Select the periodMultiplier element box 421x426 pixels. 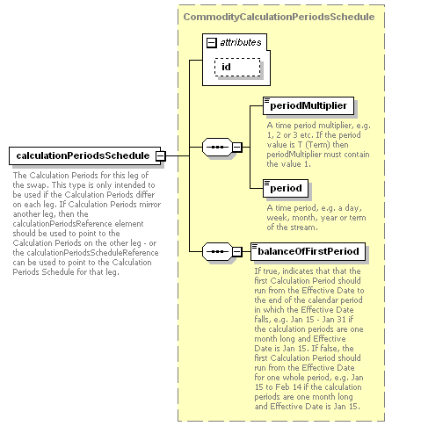[x=308, y=105]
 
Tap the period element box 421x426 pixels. [x=286, y=188]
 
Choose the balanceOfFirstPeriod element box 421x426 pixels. [x=308, y=251]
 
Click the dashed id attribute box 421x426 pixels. [x=237, y=67]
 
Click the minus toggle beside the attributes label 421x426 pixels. [x=212, y=43]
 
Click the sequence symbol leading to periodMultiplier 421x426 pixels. [x=217, y=147]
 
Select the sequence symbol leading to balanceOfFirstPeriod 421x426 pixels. [x=217, y=251]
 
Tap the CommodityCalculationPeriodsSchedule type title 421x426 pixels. [x=279, y=17]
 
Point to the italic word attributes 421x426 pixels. [x=241, y=42]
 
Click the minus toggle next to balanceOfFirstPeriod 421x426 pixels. [x=237, y=251]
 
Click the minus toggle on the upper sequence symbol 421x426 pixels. [x=237, y=147]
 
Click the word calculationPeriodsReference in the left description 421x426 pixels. [x=62, y=224]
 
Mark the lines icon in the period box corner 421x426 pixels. [x=267, y=184]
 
